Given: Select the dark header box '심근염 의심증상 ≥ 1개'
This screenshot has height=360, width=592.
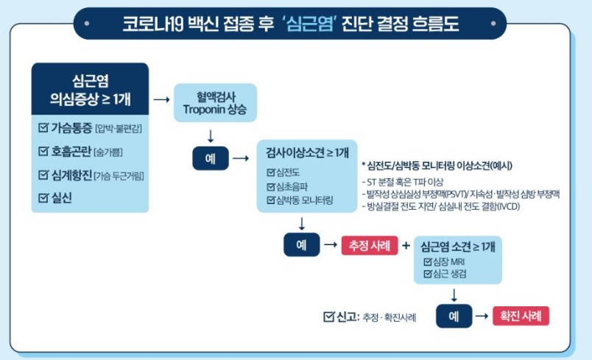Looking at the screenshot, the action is (90, 88).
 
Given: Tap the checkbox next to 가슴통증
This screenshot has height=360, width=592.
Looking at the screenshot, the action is (43, 127).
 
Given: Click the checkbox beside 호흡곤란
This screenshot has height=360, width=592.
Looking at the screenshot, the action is (43, 151).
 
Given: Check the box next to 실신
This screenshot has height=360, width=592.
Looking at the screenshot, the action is (43, 198).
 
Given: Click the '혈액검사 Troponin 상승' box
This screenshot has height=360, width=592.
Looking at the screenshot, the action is (216, 103).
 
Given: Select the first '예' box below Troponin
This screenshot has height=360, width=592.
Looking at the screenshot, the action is (210, 158).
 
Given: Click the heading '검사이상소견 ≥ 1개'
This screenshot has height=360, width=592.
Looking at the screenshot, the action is (307, 152).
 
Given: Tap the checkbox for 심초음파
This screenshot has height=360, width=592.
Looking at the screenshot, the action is (270, 186).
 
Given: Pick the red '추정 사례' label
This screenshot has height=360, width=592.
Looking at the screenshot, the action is (369, 244).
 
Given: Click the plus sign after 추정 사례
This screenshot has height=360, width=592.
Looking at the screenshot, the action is (405, 244).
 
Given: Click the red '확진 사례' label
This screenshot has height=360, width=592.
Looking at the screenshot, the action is (521, 316).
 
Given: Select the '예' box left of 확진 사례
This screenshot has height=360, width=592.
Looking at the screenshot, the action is (454, 316).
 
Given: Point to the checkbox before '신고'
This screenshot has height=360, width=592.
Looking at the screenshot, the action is (328, 317).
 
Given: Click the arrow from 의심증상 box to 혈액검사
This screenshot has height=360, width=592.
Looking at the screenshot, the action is (162, 97).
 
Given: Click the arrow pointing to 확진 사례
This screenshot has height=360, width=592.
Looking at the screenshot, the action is (482, 316).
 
